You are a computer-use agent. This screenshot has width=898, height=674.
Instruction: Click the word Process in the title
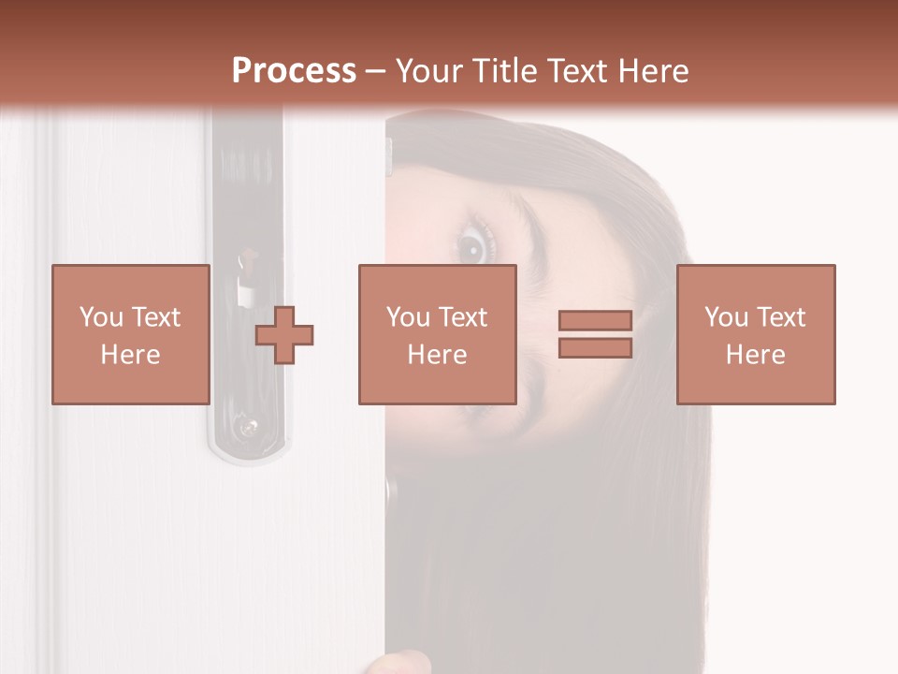[x=294, y=71]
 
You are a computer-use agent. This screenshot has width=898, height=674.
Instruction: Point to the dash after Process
[x=375, y=72]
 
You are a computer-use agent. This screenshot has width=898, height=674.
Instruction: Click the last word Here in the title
[x=654, y=71]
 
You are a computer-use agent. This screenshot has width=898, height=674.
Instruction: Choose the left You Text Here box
[x=130, y=334]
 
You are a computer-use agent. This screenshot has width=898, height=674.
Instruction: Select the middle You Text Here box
[x=437, y=334]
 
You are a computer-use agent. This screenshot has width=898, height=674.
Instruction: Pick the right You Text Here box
[x=755, y=334]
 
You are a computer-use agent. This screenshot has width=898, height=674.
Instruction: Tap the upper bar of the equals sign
[x=595, y=321]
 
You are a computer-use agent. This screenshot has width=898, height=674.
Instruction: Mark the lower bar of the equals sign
[x=595, y=347]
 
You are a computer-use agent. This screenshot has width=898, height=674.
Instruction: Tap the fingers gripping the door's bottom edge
[x=398, y=664]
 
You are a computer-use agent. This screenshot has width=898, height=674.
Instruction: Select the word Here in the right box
[x=755, y=354]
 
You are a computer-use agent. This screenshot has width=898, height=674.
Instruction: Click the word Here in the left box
[x=130, y=354]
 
